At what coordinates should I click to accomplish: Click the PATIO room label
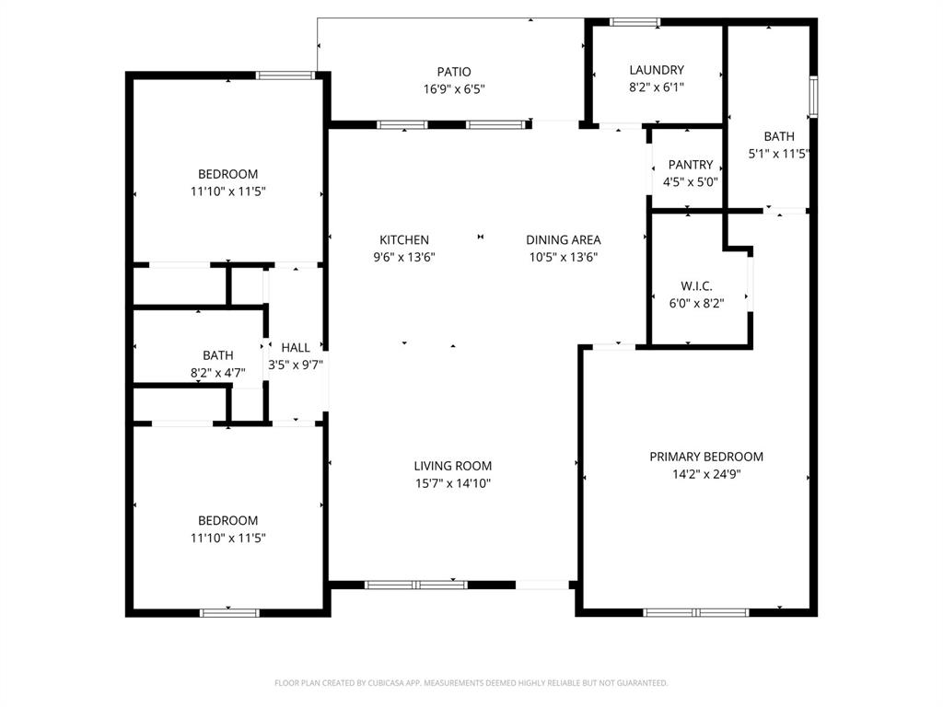453,72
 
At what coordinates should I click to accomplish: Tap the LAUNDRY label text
657,70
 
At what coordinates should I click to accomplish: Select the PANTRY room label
691,165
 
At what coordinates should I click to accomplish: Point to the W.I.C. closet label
696,286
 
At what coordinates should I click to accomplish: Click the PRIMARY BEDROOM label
706,457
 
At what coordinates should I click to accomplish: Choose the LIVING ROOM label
452,466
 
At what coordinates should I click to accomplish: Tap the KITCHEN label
404,240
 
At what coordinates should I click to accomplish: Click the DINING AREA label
564,240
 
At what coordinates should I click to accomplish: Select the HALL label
296,347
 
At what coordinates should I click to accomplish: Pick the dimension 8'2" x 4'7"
218,372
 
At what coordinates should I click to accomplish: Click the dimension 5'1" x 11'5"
779,154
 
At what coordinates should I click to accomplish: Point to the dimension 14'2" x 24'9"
706,474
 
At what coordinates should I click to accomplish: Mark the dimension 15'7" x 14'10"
452,483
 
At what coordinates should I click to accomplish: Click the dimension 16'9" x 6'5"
453,89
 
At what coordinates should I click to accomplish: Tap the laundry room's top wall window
635,22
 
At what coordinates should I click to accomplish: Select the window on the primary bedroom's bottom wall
697,612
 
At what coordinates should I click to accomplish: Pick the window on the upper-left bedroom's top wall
286,75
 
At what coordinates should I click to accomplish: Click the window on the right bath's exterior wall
813,97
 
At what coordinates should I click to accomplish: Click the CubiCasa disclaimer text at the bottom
471,683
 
